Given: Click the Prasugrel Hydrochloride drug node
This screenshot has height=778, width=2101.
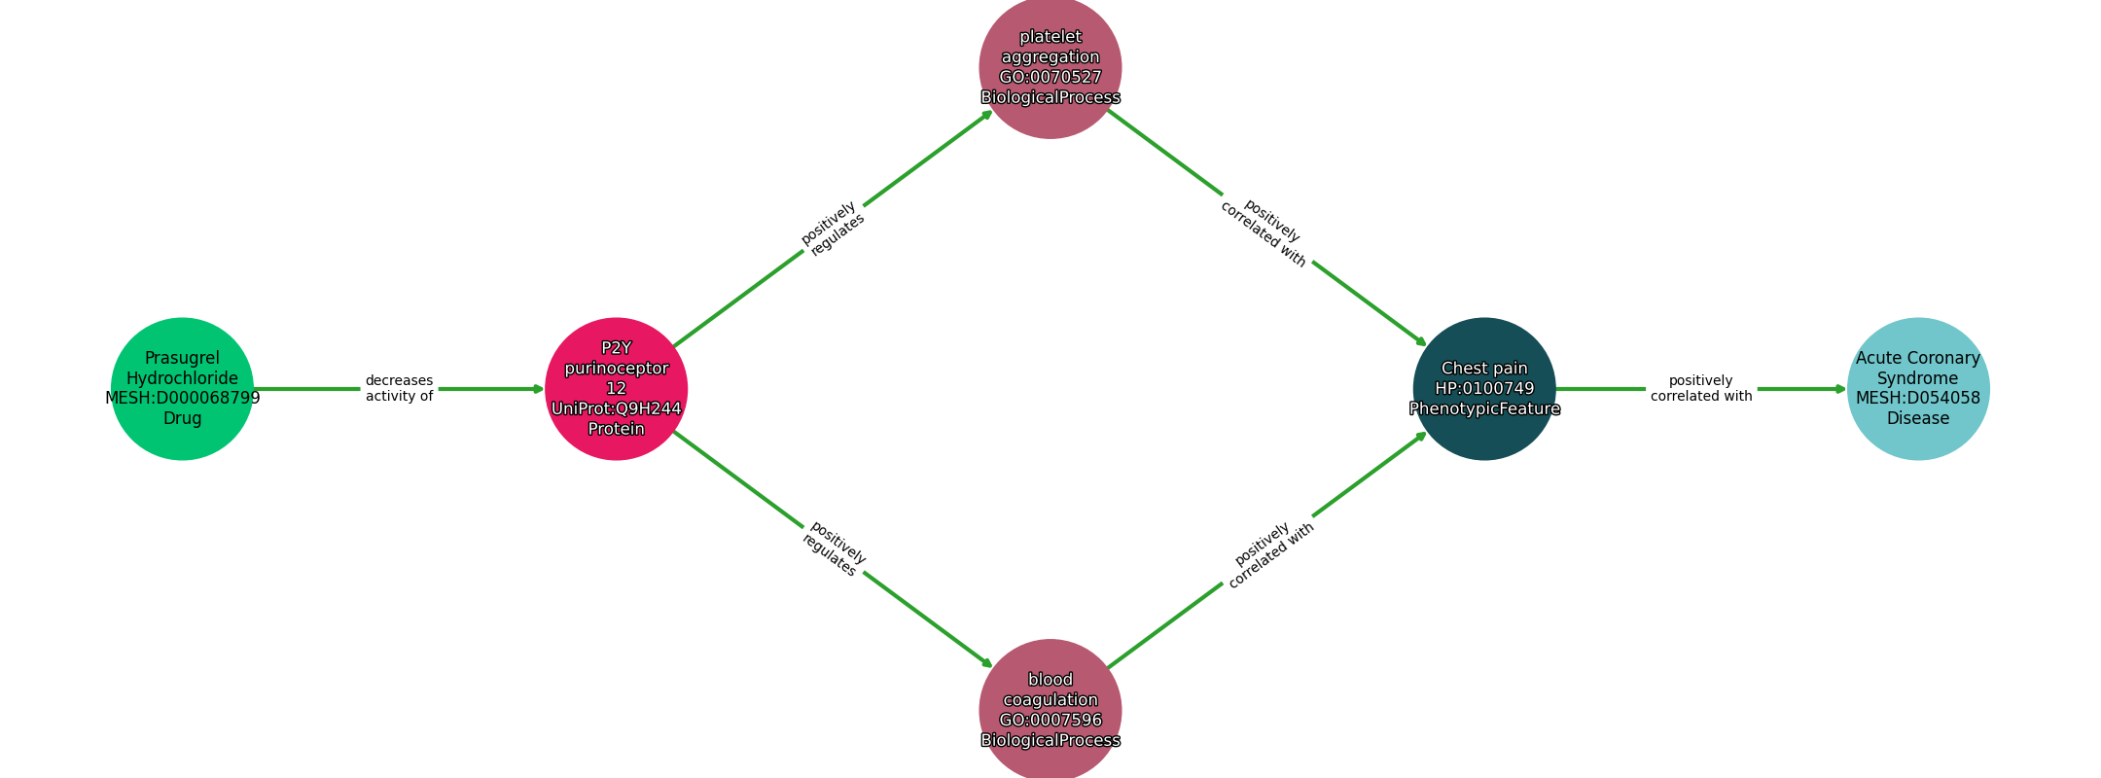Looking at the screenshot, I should click(x=182, y=389).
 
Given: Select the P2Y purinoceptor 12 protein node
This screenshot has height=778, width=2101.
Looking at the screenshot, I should click(x=616, y=389).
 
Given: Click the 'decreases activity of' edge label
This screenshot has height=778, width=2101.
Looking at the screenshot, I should click(x=399, y=389).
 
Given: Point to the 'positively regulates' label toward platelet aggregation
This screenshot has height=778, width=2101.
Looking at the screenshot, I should click(x=833, y=229).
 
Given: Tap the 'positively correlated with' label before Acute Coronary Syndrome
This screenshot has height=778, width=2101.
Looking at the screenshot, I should click(x=1701, y=389).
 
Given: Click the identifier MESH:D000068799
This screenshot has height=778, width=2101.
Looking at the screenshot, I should click(x=182, y=398).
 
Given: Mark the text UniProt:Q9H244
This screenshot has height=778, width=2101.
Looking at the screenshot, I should click(x=616, y=408).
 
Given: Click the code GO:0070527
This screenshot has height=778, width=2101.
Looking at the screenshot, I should click(x=1050, y=78).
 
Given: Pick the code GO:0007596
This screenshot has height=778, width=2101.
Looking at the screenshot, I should click(x=1050, y=721).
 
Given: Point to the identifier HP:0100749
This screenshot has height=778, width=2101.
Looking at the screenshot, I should click(x=1484, y=389).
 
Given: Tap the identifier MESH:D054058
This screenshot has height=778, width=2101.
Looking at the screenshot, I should click(x=1918, y=398).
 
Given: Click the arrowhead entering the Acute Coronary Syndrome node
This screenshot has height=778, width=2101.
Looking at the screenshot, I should click(x=1840, y=389).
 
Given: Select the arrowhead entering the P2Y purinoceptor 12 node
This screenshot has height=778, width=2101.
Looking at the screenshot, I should click(x=539, y=389).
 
